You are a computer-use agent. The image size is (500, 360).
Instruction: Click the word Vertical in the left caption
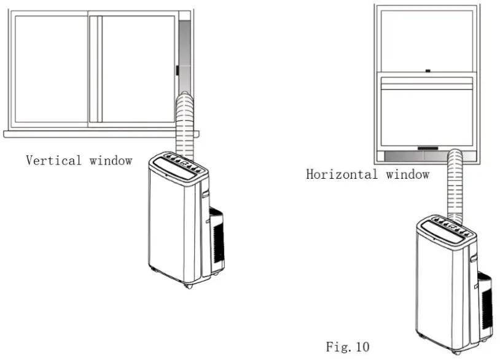(x=53, y=161)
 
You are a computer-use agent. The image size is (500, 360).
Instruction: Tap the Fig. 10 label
(x=347, y=347)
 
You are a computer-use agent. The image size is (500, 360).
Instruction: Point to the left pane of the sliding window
(x=52, y=69)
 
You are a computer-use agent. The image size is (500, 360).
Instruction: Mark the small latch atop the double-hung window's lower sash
(x=428, y=72)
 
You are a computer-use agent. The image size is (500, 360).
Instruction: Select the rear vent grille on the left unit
(x=216, y=240)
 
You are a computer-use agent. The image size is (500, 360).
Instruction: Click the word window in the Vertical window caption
(x=111, y=161)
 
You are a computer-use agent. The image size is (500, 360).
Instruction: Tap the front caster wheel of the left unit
(x=187, y=284)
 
